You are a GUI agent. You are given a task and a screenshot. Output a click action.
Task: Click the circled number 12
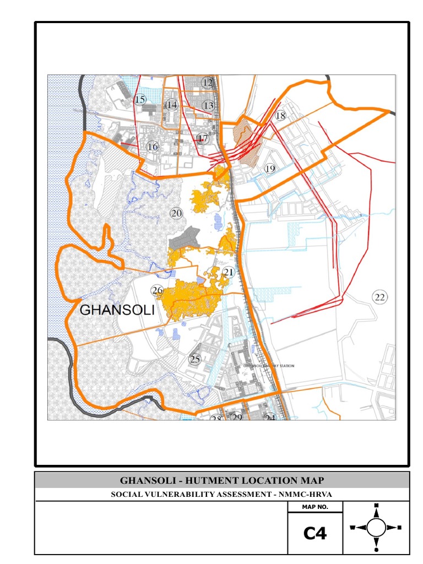click(x=207, y=83)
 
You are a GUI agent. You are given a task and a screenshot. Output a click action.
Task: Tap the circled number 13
click(x=208, y=105)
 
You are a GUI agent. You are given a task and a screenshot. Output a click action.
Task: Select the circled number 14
click(x=172, y=104)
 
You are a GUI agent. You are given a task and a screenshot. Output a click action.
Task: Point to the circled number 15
click(x=140, y=100)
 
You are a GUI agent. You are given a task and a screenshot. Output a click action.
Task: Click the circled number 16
click(x=153, y=147)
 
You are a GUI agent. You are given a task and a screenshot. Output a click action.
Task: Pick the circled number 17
click(x=203, y=138)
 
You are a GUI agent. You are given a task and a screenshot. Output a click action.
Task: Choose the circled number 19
click(x=269, y=169)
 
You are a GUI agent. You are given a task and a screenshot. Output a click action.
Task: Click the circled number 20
click(x=176, y=213)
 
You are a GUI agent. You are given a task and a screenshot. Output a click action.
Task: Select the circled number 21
click(x=229, y=272)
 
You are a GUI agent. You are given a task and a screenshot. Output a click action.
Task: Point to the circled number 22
click(x=379, y=297)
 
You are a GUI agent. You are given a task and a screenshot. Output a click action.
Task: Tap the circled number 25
click(x=195, y=359)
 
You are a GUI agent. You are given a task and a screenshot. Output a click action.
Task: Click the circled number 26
click(x=158, y=290)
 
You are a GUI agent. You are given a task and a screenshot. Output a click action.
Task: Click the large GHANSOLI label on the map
click(x=117, y=310)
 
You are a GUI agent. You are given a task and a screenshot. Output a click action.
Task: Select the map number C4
click(x=315, y=534)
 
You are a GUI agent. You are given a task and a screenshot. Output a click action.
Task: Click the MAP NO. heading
click(x=315, y=507)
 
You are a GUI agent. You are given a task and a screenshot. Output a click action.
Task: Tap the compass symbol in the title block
click(x=376, y=527)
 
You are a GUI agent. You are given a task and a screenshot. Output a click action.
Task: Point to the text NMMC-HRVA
click(x=305, y=494)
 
